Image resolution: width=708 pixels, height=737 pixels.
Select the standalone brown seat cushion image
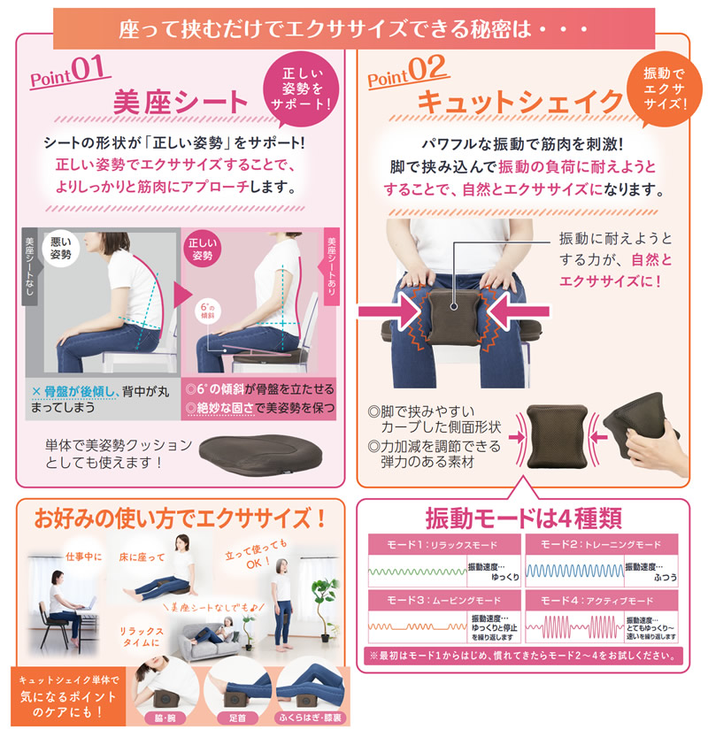click(251, 453)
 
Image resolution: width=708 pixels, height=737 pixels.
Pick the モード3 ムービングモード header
click(442, 600)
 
